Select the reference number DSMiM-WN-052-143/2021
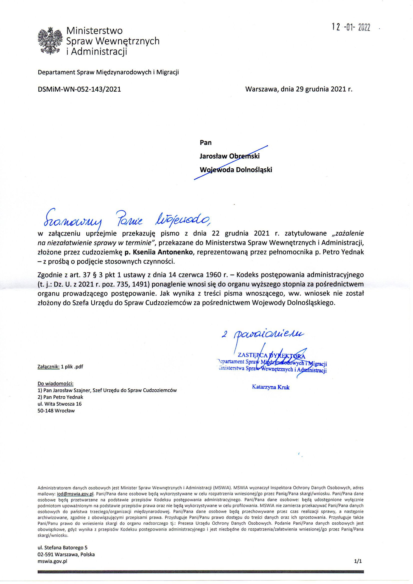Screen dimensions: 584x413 point(79,89)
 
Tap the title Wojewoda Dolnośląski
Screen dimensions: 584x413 point(236,170)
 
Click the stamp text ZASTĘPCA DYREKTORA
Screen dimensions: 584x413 point(270,355)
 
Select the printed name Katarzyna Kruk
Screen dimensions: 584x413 point(271,387)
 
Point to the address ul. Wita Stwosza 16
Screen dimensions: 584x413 point(59,404)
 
